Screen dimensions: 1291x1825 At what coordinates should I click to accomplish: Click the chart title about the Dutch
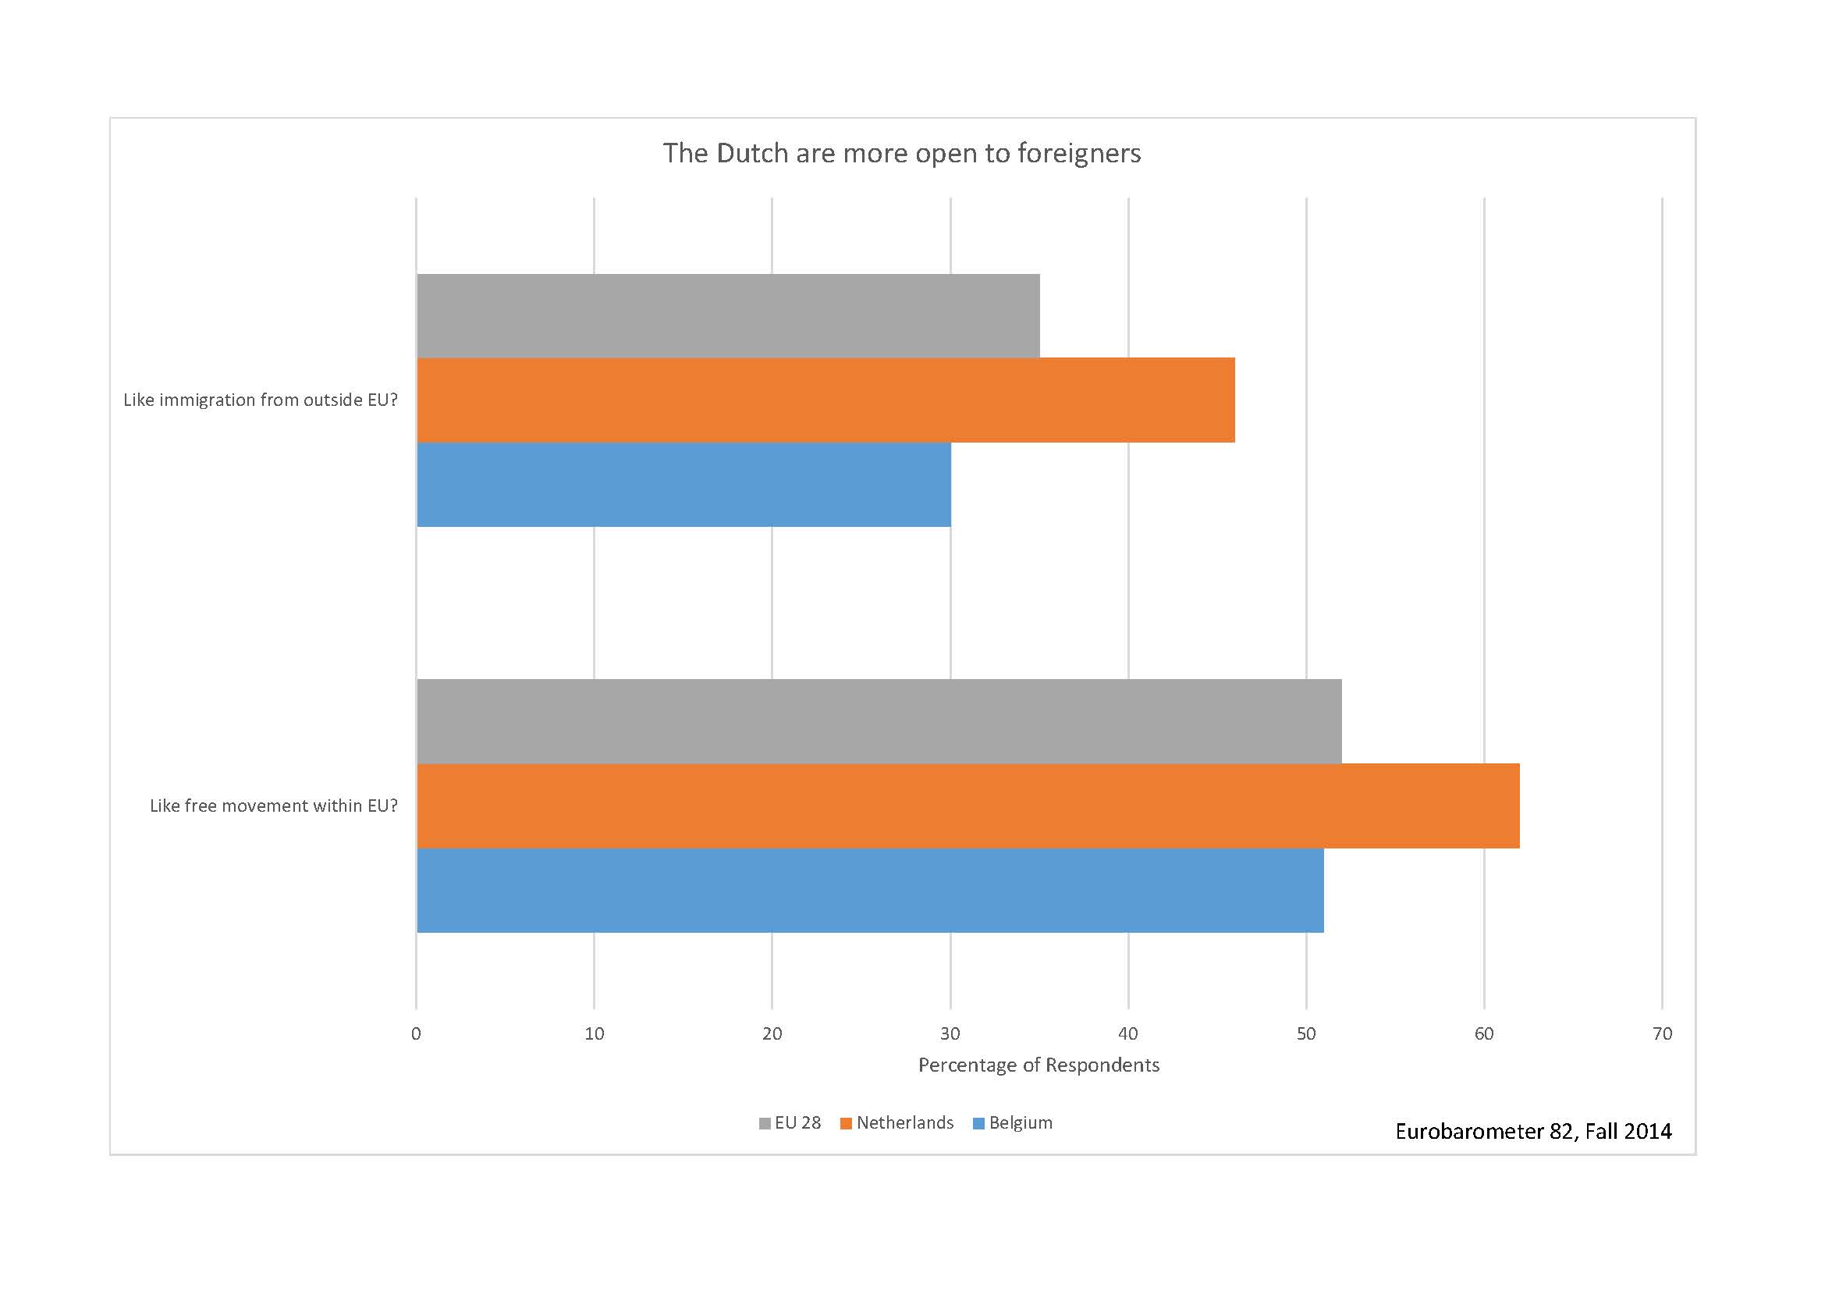pyautogui.click(x=901, y=153)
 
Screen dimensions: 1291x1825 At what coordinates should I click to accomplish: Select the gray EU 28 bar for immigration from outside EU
pyautogui.click(x=727, y=315)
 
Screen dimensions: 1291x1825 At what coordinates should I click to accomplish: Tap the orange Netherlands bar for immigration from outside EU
pyautogui.click(x=825, y=400)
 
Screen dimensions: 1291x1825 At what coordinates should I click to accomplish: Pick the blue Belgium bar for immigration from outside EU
pyautogui.click(x=683, y=484)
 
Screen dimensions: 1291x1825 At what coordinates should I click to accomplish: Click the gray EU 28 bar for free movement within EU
pyautogui.click(x=879, y=721)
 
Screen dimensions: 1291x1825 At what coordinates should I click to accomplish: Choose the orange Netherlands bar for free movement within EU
pyautogui.click(x=968, y=806)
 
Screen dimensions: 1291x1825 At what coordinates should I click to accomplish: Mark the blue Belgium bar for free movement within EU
pyautogui.click(x=869, y=890)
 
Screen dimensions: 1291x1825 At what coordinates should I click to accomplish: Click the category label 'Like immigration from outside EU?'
pyautogui.click(x=260, y=400)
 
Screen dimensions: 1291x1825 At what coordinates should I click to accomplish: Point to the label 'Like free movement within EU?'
pyautogui.click(x=273, y=806)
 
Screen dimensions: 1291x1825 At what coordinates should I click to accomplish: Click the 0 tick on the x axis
pyautogui.click(x=416, y=1033)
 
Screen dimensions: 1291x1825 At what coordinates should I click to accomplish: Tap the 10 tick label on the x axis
pyautogui.click(x=594, y=1033)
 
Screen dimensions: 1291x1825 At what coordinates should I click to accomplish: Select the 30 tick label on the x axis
pyautogui.click(x=950, y=1033)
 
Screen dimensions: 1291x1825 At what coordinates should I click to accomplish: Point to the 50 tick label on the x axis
pyautogui.click(x=1306, y=1033)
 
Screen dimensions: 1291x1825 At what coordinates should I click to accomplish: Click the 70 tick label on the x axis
pyautogui.click(x=1662, y=1033)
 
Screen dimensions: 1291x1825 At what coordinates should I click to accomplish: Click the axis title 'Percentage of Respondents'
pyautogui.click(x=1038, y=1065)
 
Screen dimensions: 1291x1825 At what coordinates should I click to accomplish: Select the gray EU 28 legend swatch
pyautogui.click(x=765, y=1123)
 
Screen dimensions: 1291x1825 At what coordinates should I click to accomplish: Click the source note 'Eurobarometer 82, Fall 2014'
pyautogui.click(x=1533, y=1131)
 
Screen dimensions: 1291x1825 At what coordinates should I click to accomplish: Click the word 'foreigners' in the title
pyautogui.click(x=1078, y=153)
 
